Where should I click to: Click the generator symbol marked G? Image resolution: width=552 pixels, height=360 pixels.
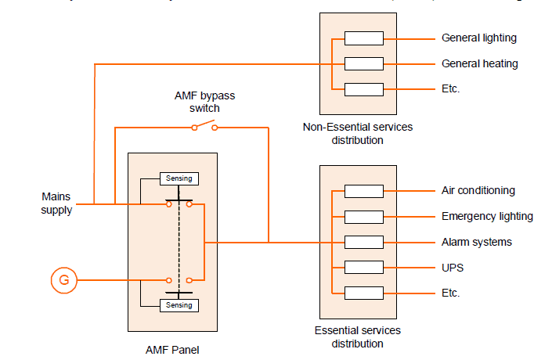(x=63, y=279)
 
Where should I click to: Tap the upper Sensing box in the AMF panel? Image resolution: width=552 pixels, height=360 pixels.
(x=179, y=178)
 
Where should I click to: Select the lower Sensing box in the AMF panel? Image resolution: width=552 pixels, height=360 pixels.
(x=179, y=305)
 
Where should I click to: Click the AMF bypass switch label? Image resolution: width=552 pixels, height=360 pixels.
(x=204, y=102)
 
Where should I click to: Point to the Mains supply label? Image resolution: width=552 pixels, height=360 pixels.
(x=57, y=203)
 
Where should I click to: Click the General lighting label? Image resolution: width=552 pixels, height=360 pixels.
(x=479, y=38)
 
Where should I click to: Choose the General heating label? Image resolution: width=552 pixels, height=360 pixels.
(x=479, y=63)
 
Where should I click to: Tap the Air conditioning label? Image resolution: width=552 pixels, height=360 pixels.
(x=478, y=190)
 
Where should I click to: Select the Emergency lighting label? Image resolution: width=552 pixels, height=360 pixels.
(x=487, y=216)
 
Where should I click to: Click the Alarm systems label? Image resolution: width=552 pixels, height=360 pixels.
(x=476, y=242)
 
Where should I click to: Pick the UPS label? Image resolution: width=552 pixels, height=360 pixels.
(x=453, y=268)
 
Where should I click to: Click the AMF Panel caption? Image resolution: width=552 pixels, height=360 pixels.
(x=172, y=350)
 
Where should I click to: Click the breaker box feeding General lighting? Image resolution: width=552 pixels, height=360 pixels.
(x=364, y=38)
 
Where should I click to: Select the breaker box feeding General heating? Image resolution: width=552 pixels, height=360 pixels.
(x=364, y=63)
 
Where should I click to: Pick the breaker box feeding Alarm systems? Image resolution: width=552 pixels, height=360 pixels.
(x=364, y=242)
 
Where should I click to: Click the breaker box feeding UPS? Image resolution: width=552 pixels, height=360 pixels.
(x=364, y=268)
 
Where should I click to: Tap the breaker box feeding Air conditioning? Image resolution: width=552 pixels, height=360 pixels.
(x=364, y=191)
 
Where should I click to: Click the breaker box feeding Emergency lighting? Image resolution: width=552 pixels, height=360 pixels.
(x=364, y=216)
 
